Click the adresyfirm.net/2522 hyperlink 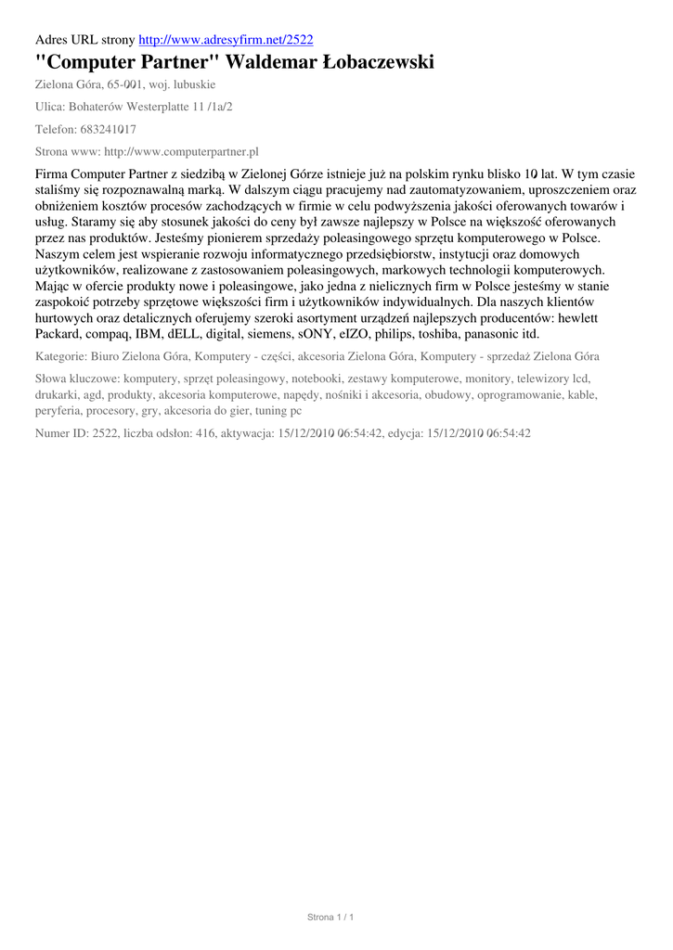tap(226, 40)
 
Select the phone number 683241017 tap(109, 129)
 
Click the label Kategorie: tap(61, 356)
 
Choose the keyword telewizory tap(546, 379)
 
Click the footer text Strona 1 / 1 tap(331, 918)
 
